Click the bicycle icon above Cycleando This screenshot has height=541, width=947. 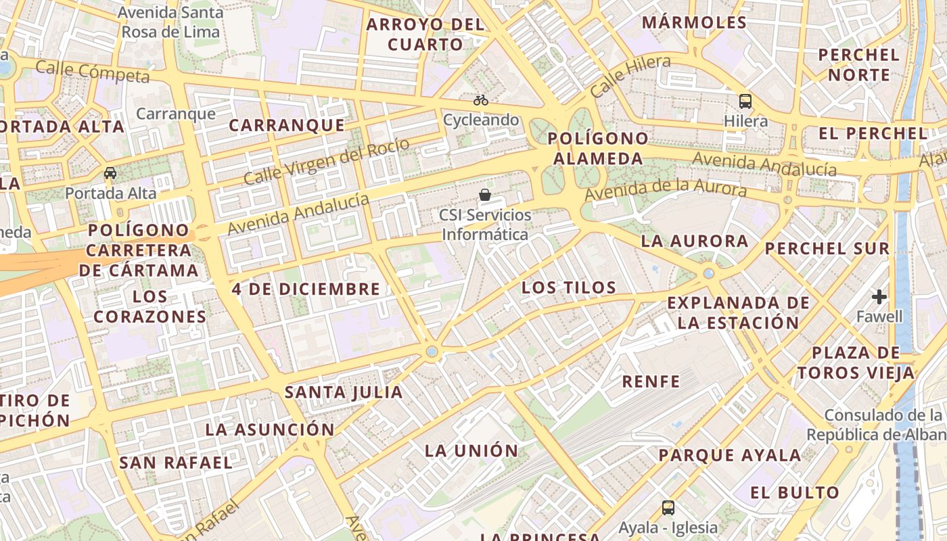click(481, 100)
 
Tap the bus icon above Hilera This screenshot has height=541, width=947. click(745, 101)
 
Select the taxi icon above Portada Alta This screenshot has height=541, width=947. click(110, 173)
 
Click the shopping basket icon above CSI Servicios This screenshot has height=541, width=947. click(485, 195)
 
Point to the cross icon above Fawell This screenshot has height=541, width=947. click(879, 297)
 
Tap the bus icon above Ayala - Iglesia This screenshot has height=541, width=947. click(668, 508)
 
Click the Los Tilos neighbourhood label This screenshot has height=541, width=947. click(569, 288)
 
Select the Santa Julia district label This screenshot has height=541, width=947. click(344, 392)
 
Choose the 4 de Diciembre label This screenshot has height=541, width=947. click(306, 289)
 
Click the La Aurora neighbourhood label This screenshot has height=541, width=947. click(695, 241)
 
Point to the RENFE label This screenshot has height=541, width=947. click(651, 381)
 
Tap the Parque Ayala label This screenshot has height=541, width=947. click(731, 455)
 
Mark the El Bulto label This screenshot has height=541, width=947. click(795, 492)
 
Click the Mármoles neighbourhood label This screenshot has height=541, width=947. click(695, 22)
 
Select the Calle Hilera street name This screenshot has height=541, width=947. click(630, 76)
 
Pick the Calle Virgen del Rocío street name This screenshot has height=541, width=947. click(327, 162)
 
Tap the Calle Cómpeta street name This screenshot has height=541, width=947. click(92, 71)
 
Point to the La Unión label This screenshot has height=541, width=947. click(471, 450)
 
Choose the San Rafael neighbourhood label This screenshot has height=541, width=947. click(176, 463)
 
